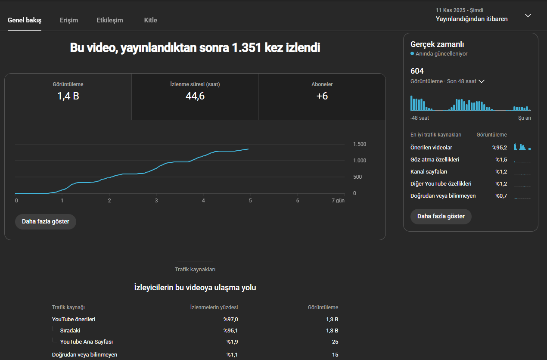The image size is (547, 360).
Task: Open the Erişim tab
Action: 69,20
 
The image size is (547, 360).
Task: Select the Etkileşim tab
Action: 110,20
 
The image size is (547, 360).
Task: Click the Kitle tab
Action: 150,20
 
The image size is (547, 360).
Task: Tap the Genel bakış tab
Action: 25,20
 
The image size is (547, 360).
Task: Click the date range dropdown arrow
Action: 528,16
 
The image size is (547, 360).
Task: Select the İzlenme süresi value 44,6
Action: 195,96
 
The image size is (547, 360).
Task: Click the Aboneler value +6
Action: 322,96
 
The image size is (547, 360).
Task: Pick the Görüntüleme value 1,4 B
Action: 68,96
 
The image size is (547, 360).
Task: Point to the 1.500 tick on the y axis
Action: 360,144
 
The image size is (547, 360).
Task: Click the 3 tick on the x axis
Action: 156,200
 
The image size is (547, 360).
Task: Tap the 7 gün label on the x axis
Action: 338,200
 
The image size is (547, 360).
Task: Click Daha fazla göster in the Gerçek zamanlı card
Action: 441,216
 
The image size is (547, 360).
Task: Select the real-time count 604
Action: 417,71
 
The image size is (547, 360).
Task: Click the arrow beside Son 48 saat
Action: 481,81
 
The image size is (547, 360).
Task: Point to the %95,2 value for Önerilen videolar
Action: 499,147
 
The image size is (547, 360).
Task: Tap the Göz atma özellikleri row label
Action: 435,160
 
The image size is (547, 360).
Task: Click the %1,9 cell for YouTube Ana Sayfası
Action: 232,341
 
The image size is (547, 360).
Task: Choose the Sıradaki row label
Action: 70,330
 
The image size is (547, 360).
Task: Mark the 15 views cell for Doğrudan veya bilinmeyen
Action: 335,355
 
